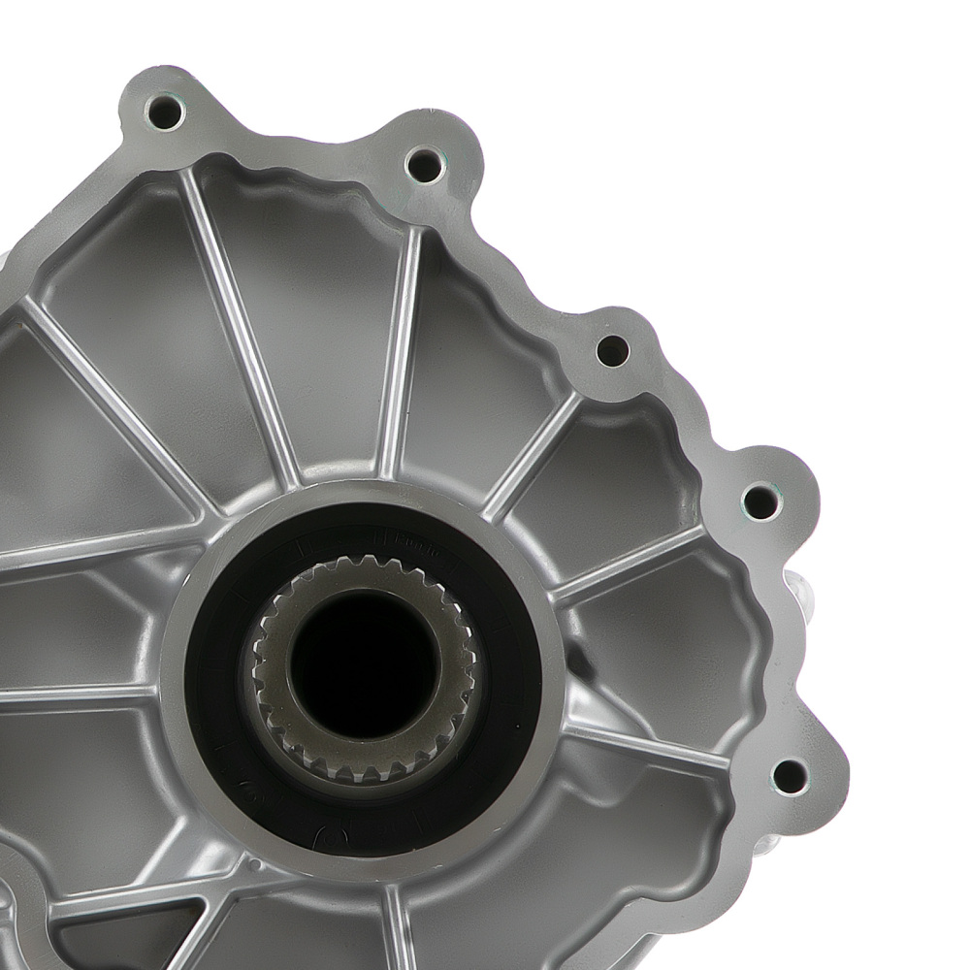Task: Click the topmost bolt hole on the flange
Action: click(x=165, y=113)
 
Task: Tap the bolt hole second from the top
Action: click(x=424, y=164)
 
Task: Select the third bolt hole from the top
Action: click(x=612, y=350)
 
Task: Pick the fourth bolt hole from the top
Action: click(x=761, y=501)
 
